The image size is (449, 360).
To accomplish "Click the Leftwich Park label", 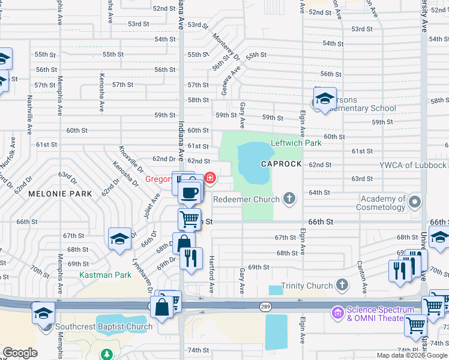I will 296,143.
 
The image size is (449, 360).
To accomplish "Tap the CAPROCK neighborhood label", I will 279,164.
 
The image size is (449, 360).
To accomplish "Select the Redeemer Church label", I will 247,199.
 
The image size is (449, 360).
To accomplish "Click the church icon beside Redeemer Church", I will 289,199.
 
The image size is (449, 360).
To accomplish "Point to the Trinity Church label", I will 307,286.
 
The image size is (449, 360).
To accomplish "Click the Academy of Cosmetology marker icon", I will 415,203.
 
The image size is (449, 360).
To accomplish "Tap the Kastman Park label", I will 105,275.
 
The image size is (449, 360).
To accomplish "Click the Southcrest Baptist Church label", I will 104,327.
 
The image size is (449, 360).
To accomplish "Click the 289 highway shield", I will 264,307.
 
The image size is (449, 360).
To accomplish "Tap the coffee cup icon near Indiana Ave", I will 190,193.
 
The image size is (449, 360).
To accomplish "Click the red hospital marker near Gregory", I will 210,178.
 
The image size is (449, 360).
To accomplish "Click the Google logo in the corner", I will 20,353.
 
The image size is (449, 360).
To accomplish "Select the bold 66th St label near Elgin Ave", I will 321,221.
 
